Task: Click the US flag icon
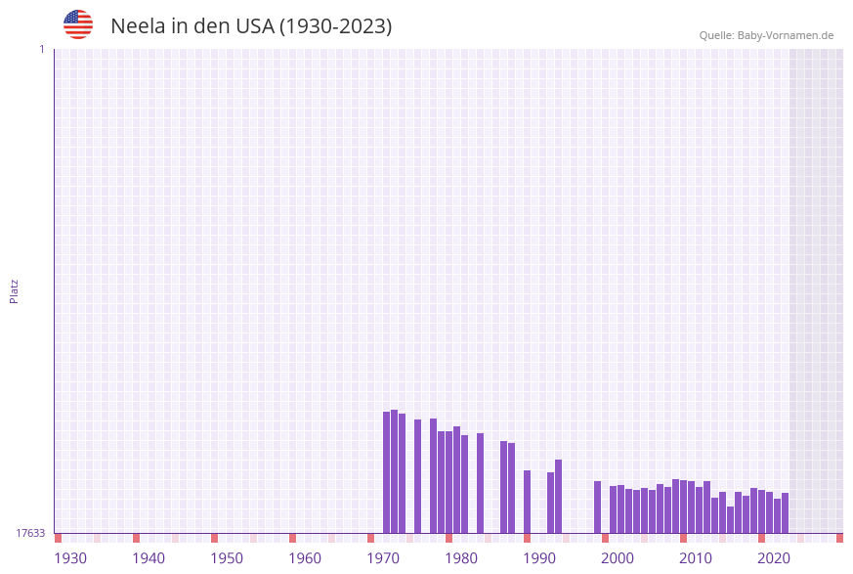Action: coord(78,24)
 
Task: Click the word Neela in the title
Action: coord(138,26)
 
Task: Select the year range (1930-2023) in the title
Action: coord(336,26)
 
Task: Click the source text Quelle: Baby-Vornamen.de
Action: coord(766,35)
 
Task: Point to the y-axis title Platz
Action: coord(15,290)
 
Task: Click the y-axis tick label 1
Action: coord(42,49)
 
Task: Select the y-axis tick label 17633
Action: coord(30,533)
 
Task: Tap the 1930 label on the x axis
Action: coord(70,558)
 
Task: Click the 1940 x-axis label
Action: coord(149,558)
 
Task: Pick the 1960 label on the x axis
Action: coord(305,558)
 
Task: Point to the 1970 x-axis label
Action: coord(383,558)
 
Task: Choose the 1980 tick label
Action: coord(461,558)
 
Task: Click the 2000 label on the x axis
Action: coord(618,558)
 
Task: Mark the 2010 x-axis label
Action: coord(696,558)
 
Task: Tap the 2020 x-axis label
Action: coord(774,558)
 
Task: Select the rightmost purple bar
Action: coord(785,512)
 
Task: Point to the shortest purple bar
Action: coord(730,519)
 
